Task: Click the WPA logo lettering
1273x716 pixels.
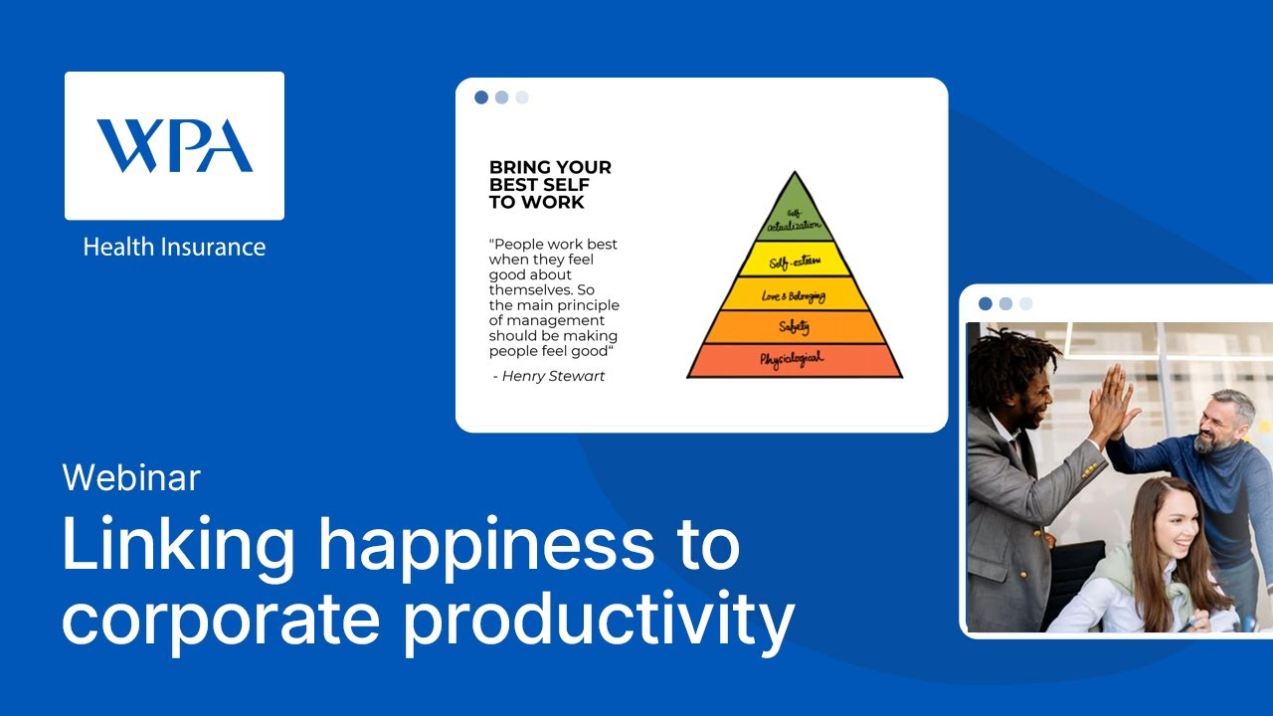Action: (x=174, y=145)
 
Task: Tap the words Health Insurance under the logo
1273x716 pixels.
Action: (x=174, y=247)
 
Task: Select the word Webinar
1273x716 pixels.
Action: (x=131, y=478)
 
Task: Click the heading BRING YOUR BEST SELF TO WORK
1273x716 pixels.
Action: (x=550, y=185)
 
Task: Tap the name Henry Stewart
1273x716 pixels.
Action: (x=553, y=376)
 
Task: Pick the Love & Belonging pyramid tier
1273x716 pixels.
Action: (x=794, y=294)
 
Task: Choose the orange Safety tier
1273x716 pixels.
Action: (x=794, y=327)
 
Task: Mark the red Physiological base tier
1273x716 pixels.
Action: (x=794, y=360)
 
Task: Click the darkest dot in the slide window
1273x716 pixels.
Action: (x=481, y=97)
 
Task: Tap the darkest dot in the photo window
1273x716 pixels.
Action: (x=986, y=303)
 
